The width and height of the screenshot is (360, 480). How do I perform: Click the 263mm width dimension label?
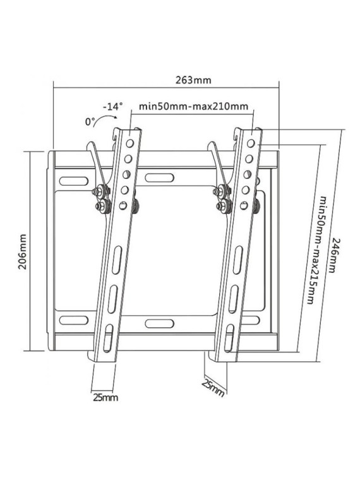tap(193, 80)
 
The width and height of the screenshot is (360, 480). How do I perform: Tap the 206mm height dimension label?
tap(22, 251)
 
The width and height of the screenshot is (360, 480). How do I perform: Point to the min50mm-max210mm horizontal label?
tap(193, 106)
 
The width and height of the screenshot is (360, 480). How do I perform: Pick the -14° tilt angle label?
tap(112, 106)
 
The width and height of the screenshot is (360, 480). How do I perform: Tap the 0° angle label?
tap(90, 121)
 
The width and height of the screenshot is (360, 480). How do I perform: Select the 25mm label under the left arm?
tap(105, 397)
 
